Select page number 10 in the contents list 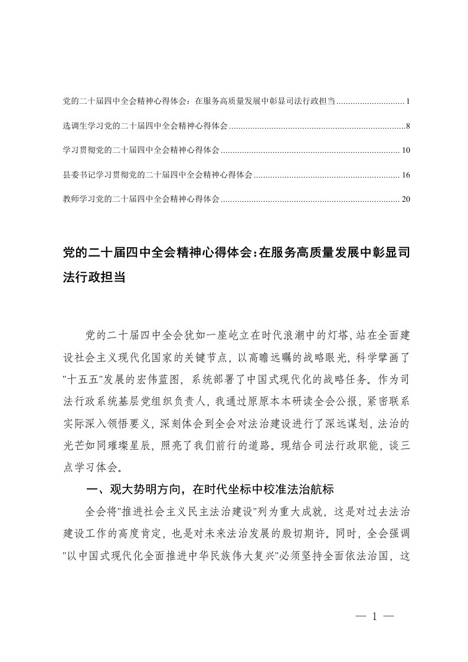tap(405, 151)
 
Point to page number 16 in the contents tap(405, 175)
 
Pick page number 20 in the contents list tap(405, 199)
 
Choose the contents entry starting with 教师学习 tap(141, 199)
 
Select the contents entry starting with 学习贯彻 tap(141, 151)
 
